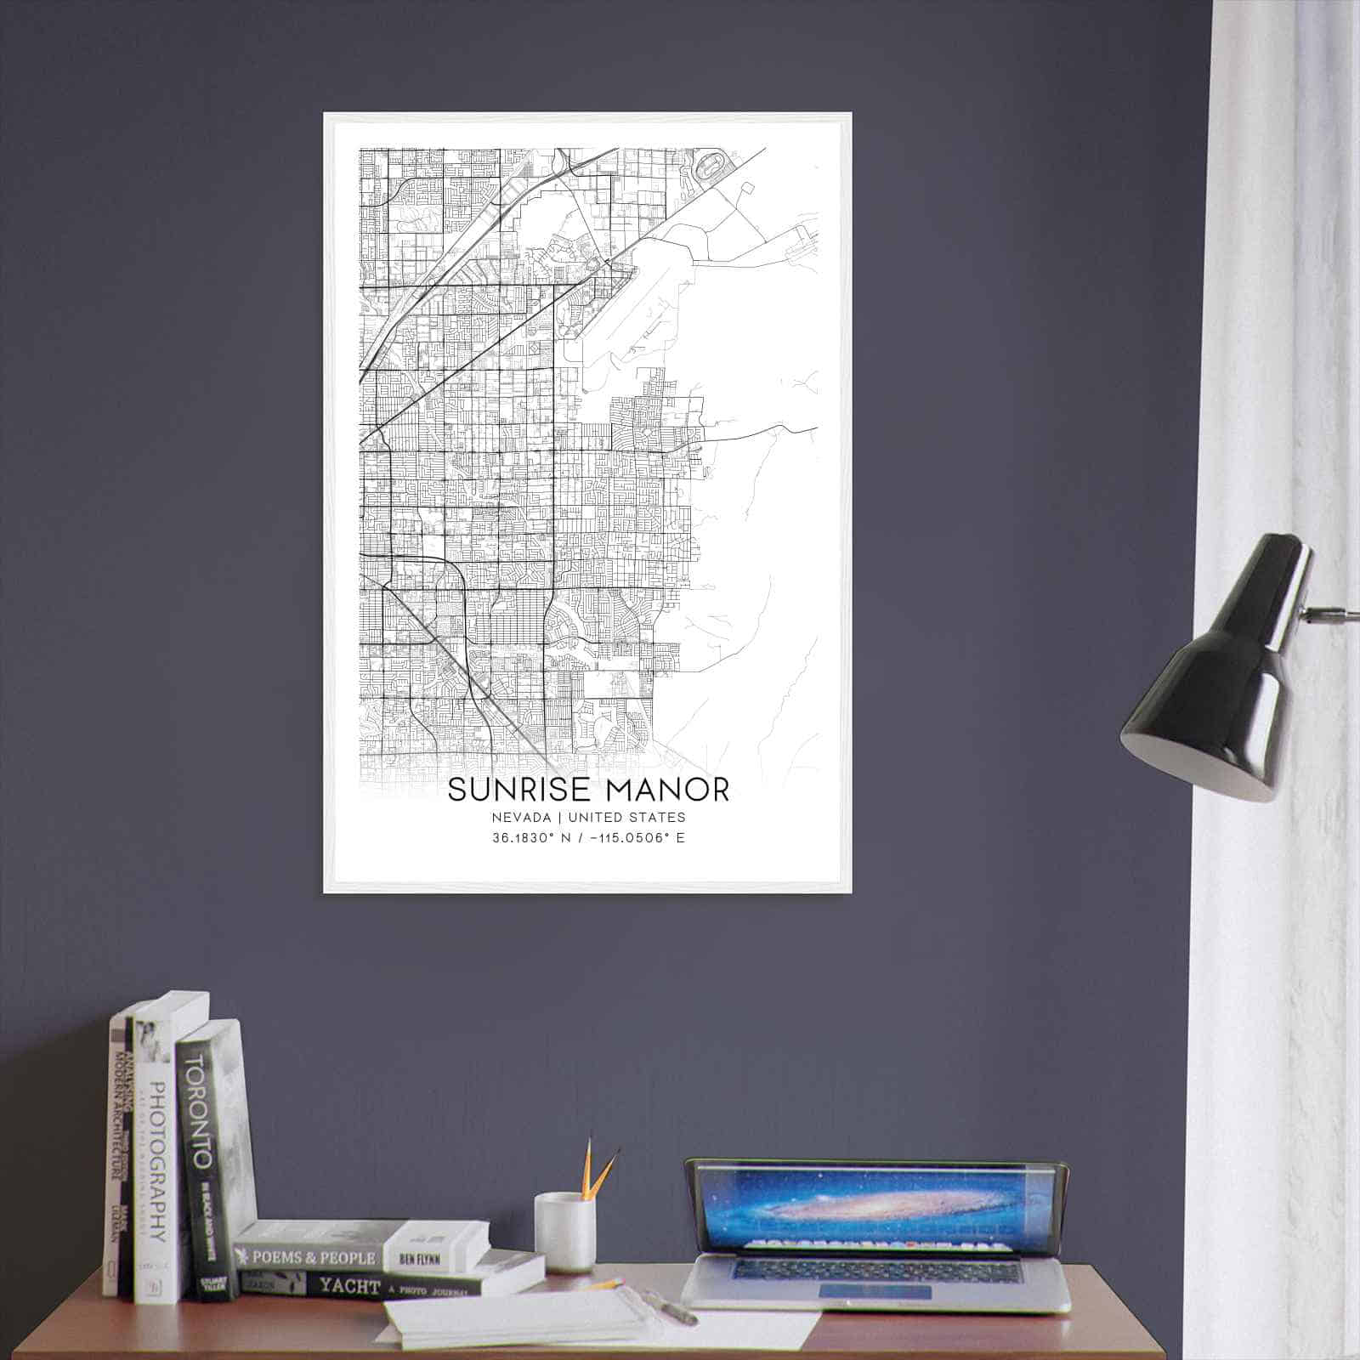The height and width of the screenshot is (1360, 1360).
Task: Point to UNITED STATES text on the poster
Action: (626, 818)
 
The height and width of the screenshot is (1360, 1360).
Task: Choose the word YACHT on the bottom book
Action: (348, 1287)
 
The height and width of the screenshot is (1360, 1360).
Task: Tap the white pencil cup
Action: (564, 1231)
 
